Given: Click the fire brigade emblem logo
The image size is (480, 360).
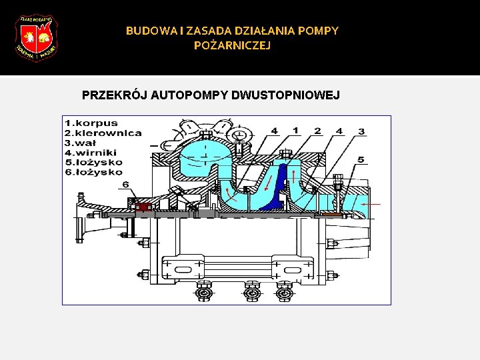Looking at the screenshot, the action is pyautogui.click(x=36, y=38).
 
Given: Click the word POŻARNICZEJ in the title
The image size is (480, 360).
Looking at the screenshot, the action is pyautogui.click(x=232, y=45).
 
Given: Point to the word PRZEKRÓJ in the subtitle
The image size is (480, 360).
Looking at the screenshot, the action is pyautogui.click(x=114, y=95).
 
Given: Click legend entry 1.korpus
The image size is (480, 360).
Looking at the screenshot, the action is pyautogui.click(x=92, y=123).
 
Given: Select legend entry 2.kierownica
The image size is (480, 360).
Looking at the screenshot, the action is pyautogui.click(x=103, y=133).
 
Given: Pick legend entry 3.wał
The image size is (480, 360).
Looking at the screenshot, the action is pyautogui.click(x=81, y=142).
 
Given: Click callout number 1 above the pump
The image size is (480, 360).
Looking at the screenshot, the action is pyautogui.click(x=295, y=131).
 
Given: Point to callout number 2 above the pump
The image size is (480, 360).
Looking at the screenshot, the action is pyautogui.click(x=318, y=131).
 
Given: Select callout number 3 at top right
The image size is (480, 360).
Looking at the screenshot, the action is pyautogui.click(x=361, y=131).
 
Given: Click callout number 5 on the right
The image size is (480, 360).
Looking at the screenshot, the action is pyautogui.click(x=361, y=159).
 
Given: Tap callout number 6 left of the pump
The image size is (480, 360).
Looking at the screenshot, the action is pyautogui.click(x=125, y=185).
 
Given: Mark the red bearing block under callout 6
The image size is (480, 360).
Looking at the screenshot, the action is pyautogui.click(x=142, y=207).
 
